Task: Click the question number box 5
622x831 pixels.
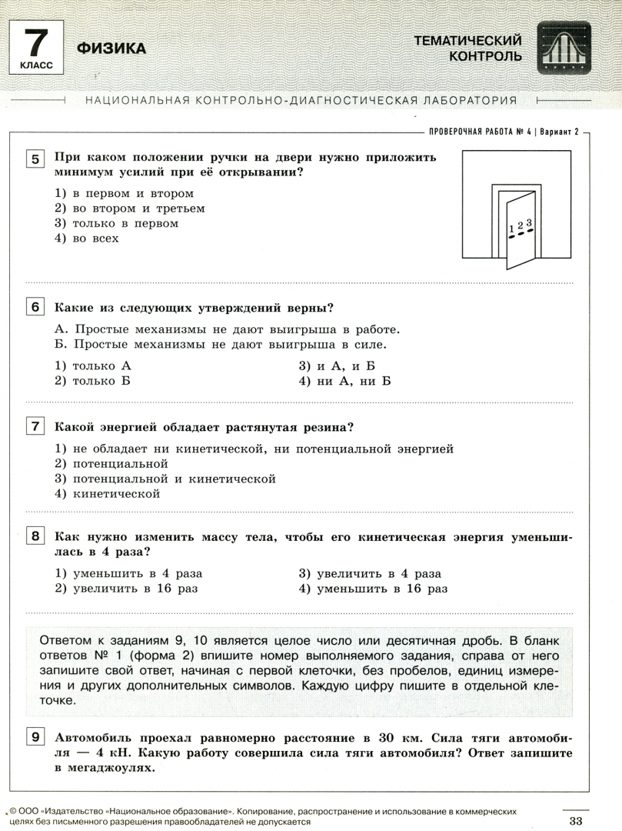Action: [35, 160]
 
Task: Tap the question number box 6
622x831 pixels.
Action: [35, 308]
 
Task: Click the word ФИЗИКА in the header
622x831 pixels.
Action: [111, 48]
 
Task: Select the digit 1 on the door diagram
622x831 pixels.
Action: [511, 229]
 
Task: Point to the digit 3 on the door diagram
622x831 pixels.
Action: [529, 222]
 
